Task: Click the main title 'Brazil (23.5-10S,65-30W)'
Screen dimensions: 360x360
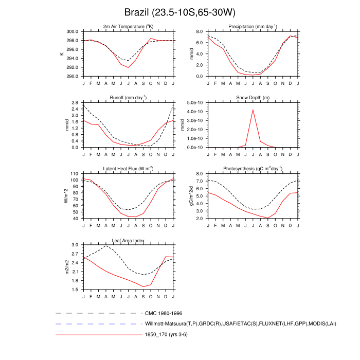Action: tap(179, 12)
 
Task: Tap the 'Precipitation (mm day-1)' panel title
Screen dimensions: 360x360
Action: tap(253, 26)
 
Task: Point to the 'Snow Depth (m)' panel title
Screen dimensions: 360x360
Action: tap(253, 97)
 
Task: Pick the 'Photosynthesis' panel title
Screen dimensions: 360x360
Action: tap(253, 169)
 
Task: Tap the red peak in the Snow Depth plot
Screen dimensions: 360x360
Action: tap(253, 110)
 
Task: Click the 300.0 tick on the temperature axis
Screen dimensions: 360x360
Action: tap(71, 31)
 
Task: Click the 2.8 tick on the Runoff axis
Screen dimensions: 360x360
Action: tap(74, 103)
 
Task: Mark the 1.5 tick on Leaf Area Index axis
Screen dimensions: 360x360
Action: tap(74, 290)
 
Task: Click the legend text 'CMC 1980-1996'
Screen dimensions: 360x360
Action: tap(164, 313)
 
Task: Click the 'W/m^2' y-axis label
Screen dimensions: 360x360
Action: tap(66, 196)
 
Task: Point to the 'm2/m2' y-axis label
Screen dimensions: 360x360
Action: tap(66, 267)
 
